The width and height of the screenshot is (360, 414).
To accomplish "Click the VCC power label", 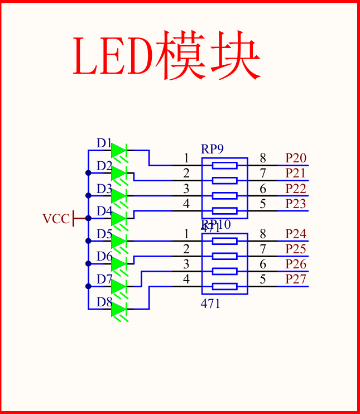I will [x=56, y=219].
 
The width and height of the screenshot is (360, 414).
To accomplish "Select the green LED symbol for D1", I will [x=119, y=150].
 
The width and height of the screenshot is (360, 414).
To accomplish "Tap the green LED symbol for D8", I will [x=119, y=309].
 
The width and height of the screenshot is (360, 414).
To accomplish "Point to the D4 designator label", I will [x=104, y=211].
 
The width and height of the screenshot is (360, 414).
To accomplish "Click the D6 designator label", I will [x=104, y=257].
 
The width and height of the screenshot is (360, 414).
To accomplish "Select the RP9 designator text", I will [x=212, y=149].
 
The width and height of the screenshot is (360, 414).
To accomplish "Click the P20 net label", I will [x=296, y=158].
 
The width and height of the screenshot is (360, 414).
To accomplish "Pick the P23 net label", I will [x=296, y=204].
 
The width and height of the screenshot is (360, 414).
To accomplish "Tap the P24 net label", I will [x=296, y=234].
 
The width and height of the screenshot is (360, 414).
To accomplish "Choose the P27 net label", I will [x=296, y=279].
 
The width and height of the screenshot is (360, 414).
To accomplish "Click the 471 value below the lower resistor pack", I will [x=210, y=304].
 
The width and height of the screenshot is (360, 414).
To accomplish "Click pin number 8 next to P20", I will [x=263, y=158].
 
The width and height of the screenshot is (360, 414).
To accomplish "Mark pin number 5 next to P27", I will [x=263, y=279].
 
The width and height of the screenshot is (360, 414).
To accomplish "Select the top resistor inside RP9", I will [x=224, y=165].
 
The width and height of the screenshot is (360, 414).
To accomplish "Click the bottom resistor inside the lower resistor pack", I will [x=224, y=287].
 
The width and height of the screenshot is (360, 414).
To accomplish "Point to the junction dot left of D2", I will [x=88, y=173].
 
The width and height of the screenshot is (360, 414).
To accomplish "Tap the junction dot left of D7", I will [x=88, y=286].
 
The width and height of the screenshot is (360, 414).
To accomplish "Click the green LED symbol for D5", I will [x=119, y=241].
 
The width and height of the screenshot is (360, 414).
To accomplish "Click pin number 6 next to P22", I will [x=263, y=189].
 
